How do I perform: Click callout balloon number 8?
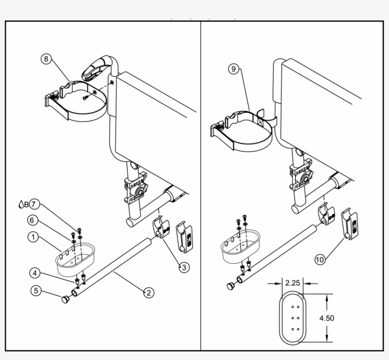click(46, 59)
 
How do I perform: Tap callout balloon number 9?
click(232, 69)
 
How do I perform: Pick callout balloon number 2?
click(148, 293)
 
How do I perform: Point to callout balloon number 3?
click(184, 268)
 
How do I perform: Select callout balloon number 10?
click(320, 259)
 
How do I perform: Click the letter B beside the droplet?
click(27, 204)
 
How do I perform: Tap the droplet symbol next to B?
click(20, 204)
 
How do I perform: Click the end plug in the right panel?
click(231, 286)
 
